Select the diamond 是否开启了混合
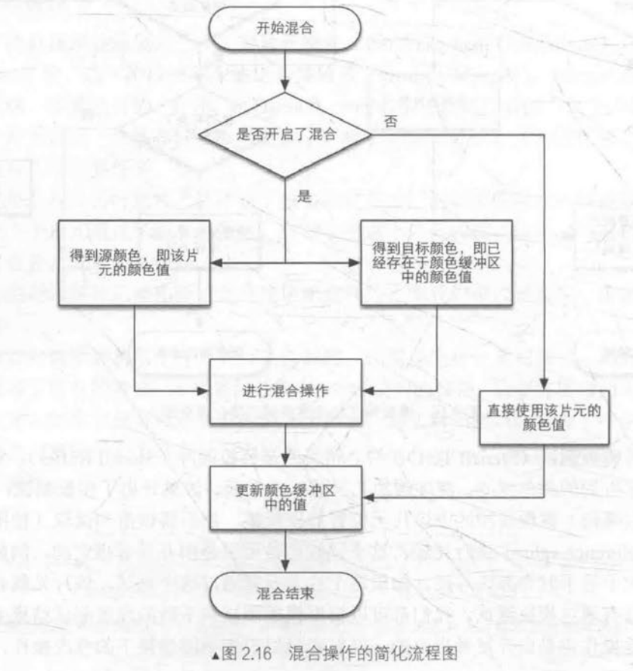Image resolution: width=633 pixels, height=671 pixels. pyautogui.click(x=284, y=136)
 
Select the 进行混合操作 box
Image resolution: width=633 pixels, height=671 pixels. pyautogui.click(x=286, y=392)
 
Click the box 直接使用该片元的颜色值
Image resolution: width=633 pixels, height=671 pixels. pyautogui.click(x=545, y=418)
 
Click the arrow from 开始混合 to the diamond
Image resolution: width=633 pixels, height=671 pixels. pyautogui.click(x=284, y=75)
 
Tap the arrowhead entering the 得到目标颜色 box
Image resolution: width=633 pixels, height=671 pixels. pyautogui.click(x=355, y=262)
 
